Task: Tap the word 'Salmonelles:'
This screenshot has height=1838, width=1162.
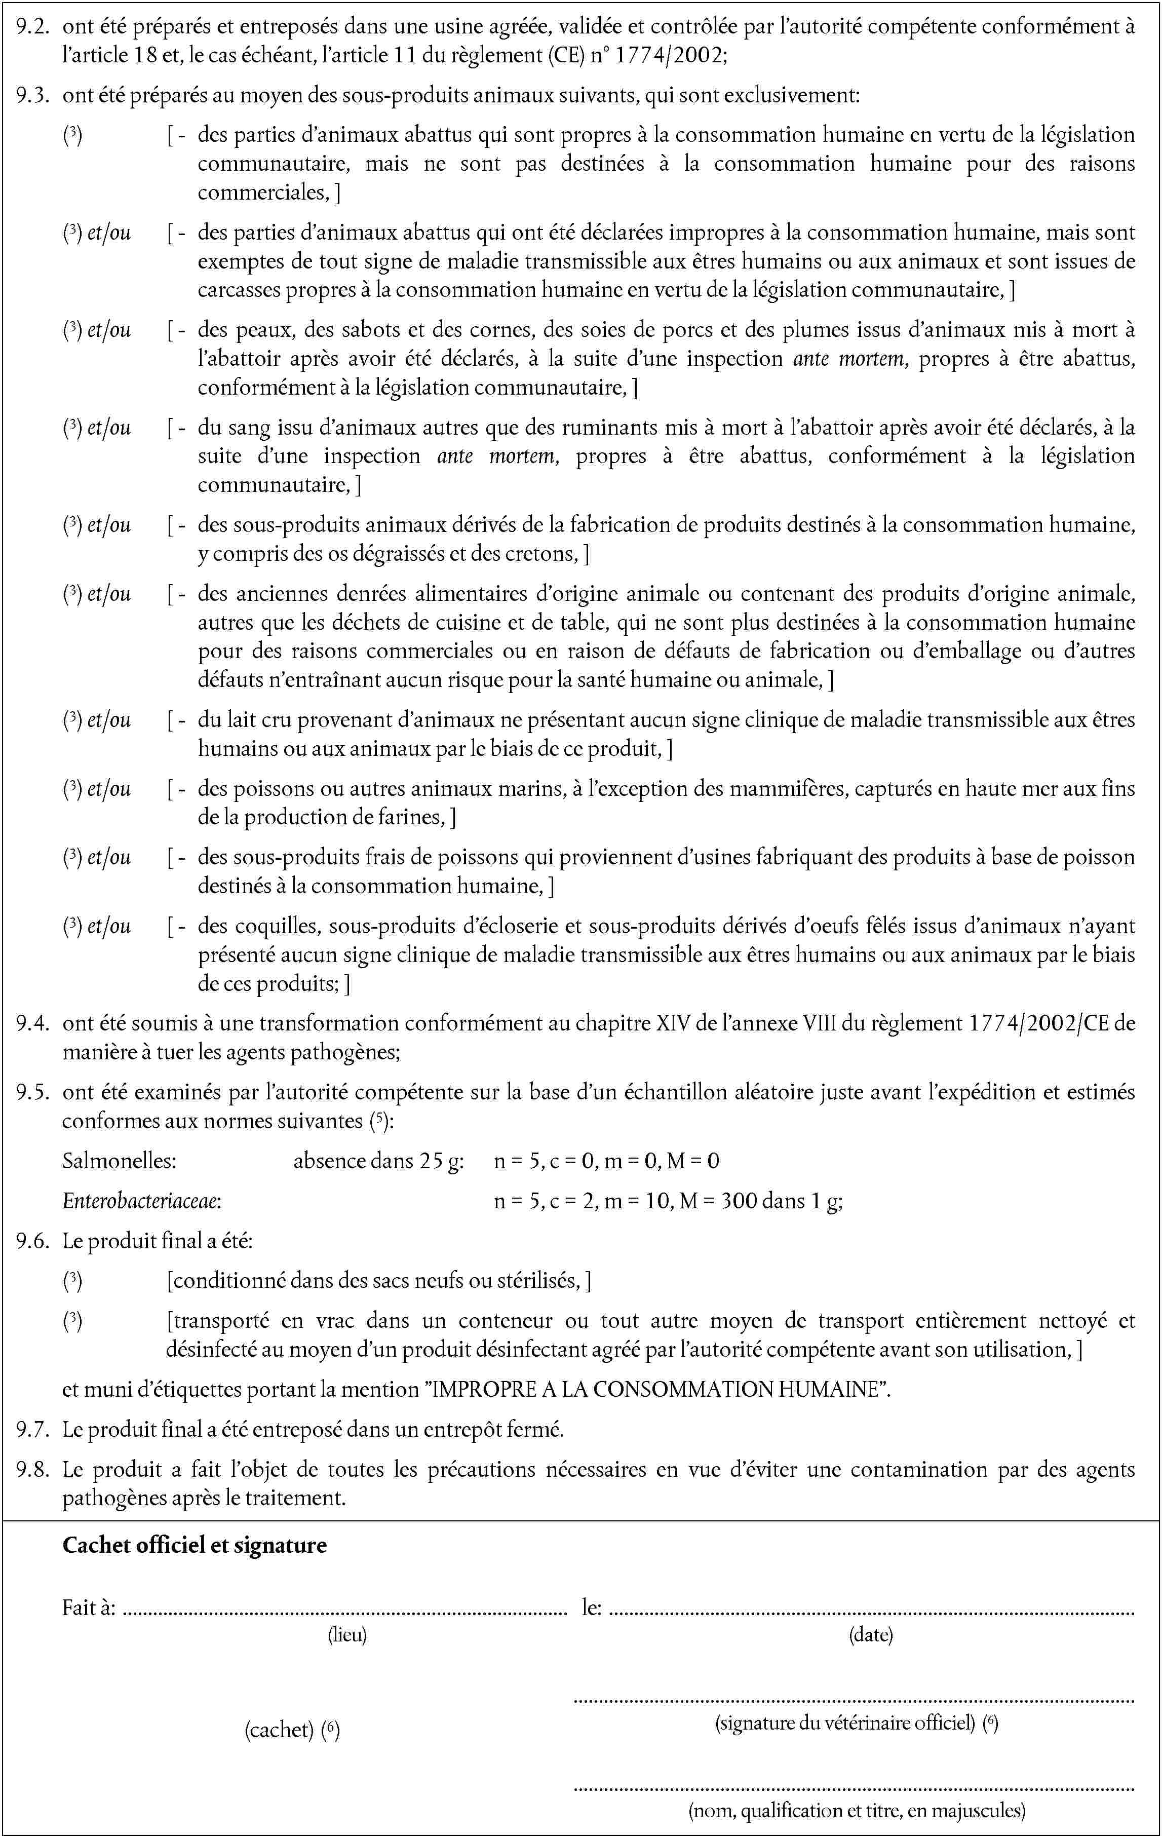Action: coord(119,1161)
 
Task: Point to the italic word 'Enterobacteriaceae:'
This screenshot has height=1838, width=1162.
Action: coord(142,1201)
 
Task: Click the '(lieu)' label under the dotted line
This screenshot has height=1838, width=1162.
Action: coord(347,1635)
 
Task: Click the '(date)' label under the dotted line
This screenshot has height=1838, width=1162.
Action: coord(871,1635)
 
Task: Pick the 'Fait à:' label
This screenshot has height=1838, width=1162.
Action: coord(89,1607)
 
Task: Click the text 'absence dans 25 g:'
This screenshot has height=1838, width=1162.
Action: coord(378,1161)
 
